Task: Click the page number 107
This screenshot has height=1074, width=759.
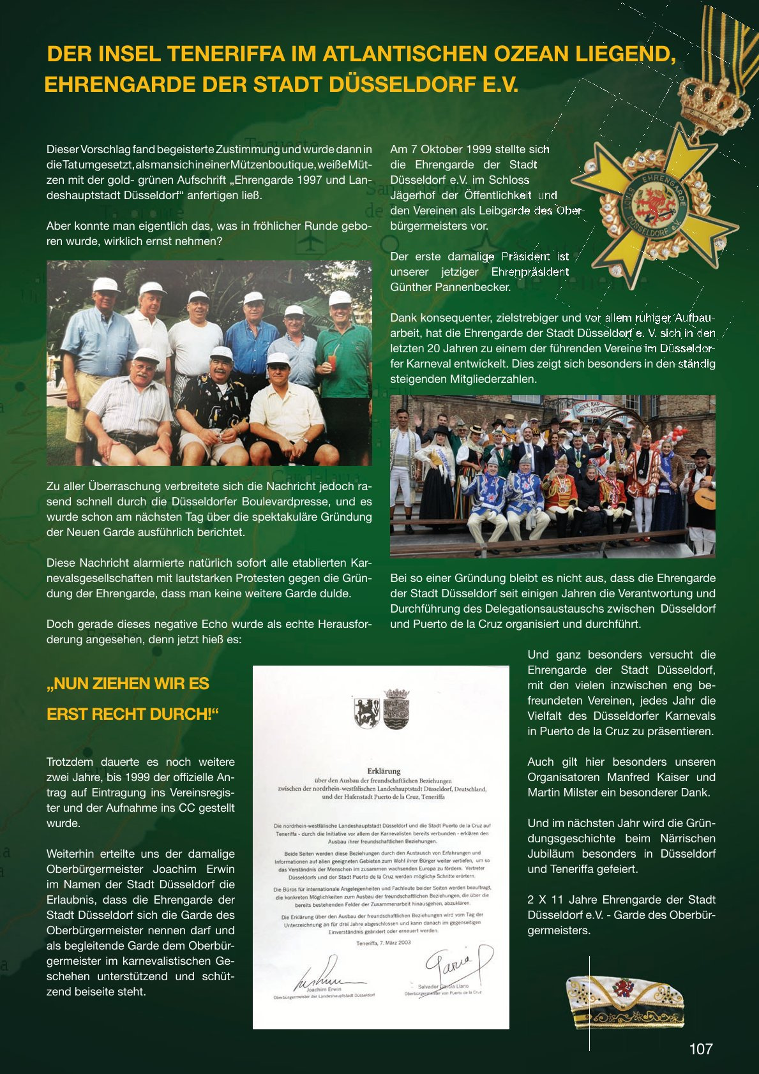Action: pos(700,1049)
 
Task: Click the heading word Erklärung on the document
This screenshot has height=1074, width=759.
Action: pos(383,771)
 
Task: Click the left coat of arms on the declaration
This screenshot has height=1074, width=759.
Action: pos(366,712)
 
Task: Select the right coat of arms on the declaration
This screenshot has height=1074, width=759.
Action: pos(396,709)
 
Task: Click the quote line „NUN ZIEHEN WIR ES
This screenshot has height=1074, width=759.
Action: pos(128,683)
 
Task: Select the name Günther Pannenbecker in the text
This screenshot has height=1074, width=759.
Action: pos(451,287)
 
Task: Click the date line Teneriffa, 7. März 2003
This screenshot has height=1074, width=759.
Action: pos(384,943)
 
